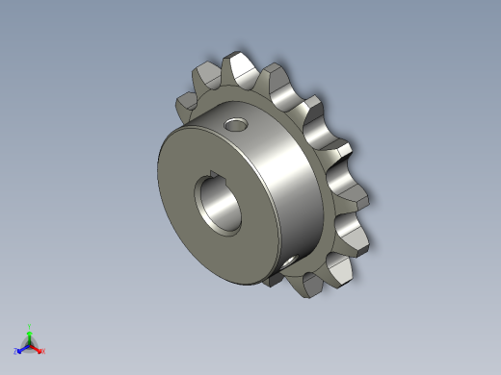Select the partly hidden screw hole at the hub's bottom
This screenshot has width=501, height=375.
coord(290,260)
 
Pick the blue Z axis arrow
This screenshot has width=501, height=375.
coord(23,349)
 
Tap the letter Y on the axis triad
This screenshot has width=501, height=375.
coord(30,326)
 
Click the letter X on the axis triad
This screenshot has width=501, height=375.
coord(43,351)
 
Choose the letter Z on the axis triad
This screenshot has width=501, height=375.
coord(16,352)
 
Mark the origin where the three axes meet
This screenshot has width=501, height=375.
coord(30,345)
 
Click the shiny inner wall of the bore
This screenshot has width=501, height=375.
coord(234,205)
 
